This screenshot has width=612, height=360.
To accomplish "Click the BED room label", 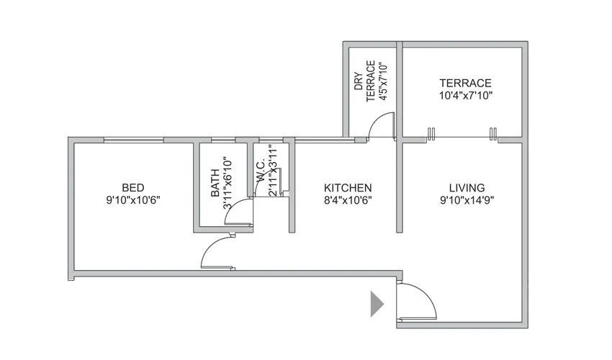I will coord(132,186).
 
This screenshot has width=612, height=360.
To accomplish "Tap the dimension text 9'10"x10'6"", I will coord(132,200).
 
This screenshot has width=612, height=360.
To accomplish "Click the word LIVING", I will coord(461,186).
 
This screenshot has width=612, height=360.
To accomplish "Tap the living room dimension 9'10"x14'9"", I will coord(461,200).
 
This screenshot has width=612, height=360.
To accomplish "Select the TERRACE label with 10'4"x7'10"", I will coord(465,83).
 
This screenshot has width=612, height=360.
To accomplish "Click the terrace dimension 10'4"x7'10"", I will coord(465,95).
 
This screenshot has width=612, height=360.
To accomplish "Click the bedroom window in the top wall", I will coord(134,140).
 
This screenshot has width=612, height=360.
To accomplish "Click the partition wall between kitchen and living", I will coord(399,187).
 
